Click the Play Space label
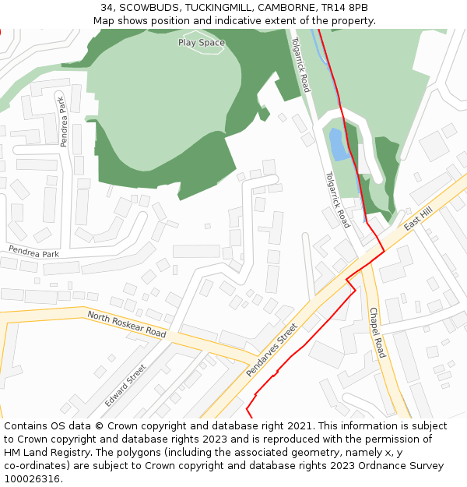pos(201,43)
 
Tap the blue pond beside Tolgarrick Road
pos(337,145)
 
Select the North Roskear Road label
pos(127,323)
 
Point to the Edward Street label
pos(125,385)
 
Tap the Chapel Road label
pos(377,333)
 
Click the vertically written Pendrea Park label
pos(64,120)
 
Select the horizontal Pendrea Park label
pos(33,252)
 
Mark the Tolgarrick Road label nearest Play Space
pos(300,64)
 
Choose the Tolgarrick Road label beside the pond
pos(337,199)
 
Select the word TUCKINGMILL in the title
pos(217,8)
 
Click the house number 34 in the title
pos(107,8)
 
